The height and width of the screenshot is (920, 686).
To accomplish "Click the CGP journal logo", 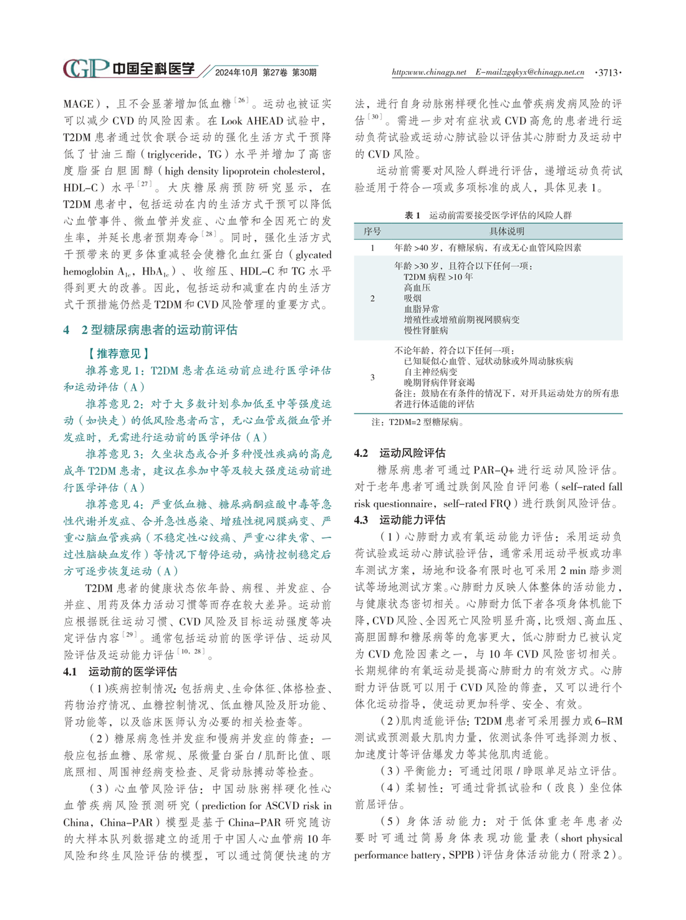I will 86,69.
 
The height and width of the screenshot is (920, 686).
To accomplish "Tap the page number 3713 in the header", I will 607,73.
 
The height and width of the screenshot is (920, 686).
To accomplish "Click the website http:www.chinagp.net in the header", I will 428,72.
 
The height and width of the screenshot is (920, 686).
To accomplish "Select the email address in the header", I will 529,72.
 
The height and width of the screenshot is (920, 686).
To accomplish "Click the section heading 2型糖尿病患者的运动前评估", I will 159,330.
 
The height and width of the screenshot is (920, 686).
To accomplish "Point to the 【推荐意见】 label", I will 118,353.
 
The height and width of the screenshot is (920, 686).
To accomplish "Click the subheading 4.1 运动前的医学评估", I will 120,671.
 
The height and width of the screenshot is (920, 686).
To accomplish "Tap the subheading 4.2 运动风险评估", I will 400,453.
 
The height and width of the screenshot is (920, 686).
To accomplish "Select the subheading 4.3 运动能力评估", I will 400,519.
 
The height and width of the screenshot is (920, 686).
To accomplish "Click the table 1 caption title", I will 488,215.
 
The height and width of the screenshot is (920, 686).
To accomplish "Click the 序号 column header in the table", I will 372,231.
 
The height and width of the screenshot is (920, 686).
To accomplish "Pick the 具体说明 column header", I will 506,231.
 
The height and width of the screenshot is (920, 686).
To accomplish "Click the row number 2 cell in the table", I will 373,299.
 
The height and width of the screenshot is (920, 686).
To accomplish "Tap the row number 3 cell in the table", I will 373,377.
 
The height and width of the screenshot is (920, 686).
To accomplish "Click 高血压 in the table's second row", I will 417,287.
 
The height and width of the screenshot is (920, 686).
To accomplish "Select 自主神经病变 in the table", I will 430,371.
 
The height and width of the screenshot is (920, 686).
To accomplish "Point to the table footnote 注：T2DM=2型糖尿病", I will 417,422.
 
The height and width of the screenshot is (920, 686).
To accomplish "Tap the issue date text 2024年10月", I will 236,73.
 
